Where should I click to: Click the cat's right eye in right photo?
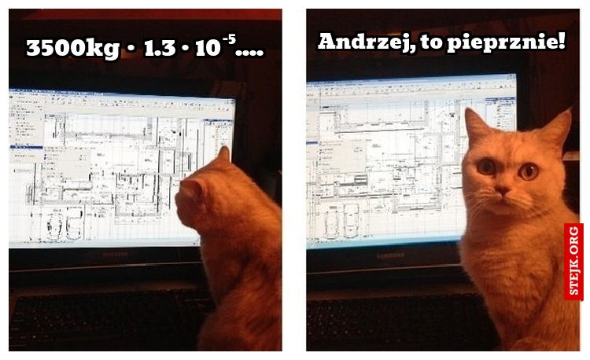529,170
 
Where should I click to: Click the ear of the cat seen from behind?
223,155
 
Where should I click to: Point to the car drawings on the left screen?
65,223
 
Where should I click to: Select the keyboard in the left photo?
102,318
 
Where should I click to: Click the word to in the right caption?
430,43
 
